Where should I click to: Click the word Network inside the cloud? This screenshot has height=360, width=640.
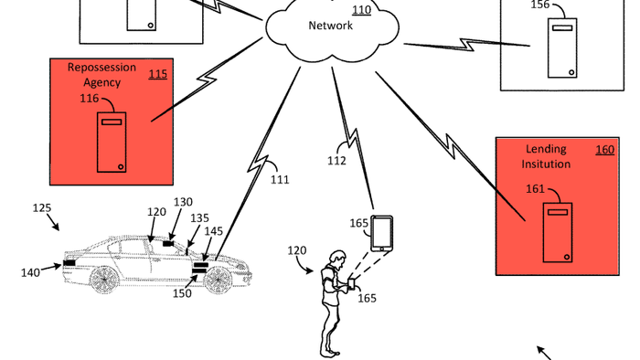point(330,26)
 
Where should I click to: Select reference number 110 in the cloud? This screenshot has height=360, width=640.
point(362,11)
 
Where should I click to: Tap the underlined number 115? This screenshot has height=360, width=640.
point(158,74)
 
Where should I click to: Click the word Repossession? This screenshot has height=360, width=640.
point(101,68)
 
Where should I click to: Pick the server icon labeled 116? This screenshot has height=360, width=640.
point(112,142)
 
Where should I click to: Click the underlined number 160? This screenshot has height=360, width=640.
point(604,149)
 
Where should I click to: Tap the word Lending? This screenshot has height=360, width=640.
point(547,149)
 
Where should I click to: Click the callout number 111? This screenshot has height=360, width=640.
point(279,179)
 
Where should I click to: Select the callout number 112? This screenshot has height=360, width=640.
point(336,162)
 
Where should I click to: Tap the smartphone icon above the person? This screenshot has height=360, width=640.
point(382,233)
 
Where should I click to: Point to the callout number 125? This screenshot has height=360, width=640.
point(42,208)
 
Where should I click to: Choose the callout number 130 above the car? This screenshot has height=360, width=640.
point(183,202)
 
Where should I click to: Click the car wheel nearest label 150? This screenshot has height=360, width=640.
point(217,280)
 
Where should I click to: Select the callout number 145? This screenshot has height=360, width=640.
point(213,231)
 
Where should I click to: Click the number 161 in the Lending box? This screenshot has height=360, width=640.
point(536,190)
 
